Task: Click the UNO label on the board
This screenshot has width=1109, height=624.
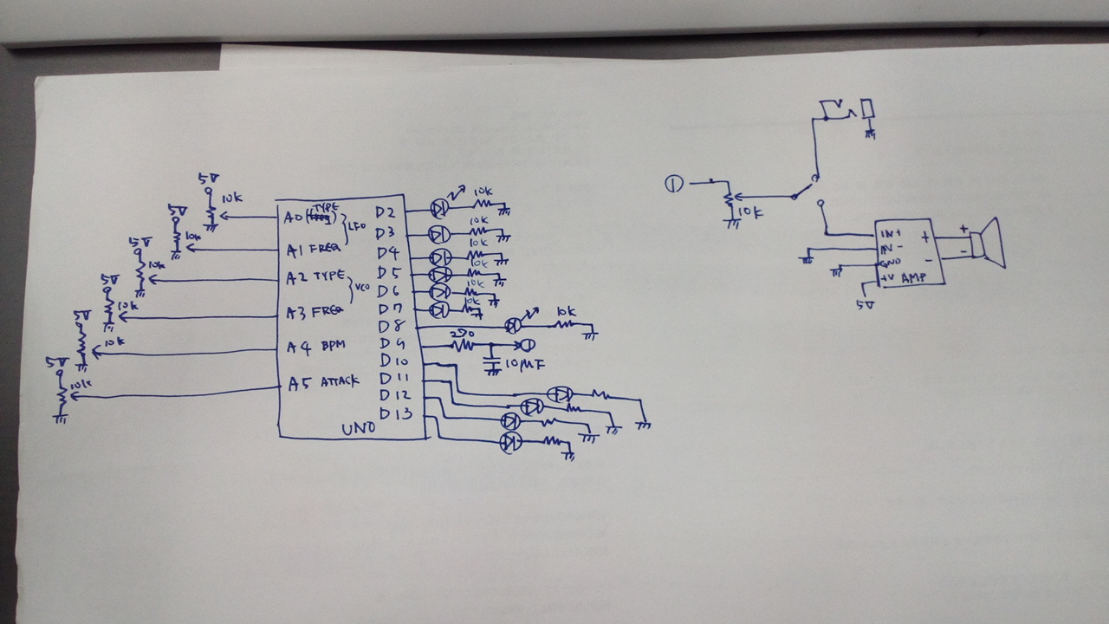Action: pyautogui.click(x=359, y=428)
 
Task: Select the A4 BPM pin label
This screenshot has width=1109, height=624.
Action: pyautogui.click(x=316, y=347)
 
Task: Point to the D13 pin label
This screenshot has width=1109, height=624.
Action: pyautogui.click(x=395, y=414)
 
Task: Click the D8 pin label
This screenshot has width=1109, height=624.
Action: pyautogui.click(x=392, y=327)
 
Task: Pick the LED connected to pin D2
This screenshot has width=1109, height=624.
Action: pyautogui.click(x=440, y=208)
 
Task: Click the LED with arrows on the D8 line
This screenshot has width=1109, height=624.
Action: pyautogui.click(x=514, y=325)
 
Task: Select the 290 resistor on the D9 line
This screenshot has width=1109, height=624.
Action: pyautogui.click(x=464, y=344)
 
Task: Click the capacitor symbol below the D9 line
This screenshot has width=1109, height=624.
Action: pyautogui.click(x=493, y=358)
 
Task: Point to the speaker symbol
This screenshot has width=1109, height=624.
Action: pyautogui.click(x=986, y=244)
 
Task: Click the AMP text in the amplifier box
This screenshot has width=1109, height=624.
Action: pyautogui.click(x=913, y=278)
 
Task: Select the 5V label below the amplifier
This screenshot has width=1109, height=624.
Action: pyautogui.click(x=864, y=304)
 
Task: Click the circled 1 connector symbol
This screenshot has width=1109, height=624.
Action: pyautogui.click(x=674, y=183)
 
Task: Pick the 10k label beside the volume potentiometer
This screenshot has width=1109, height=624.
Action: pyautogui.click(x=750, y=211)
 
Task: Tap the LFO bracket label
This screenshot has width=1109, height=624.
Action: pyautogui.click(x=357, y=227)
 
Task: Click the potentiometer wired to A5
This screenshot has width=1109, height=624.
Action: pyautogui.click(x=62, y=395)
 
